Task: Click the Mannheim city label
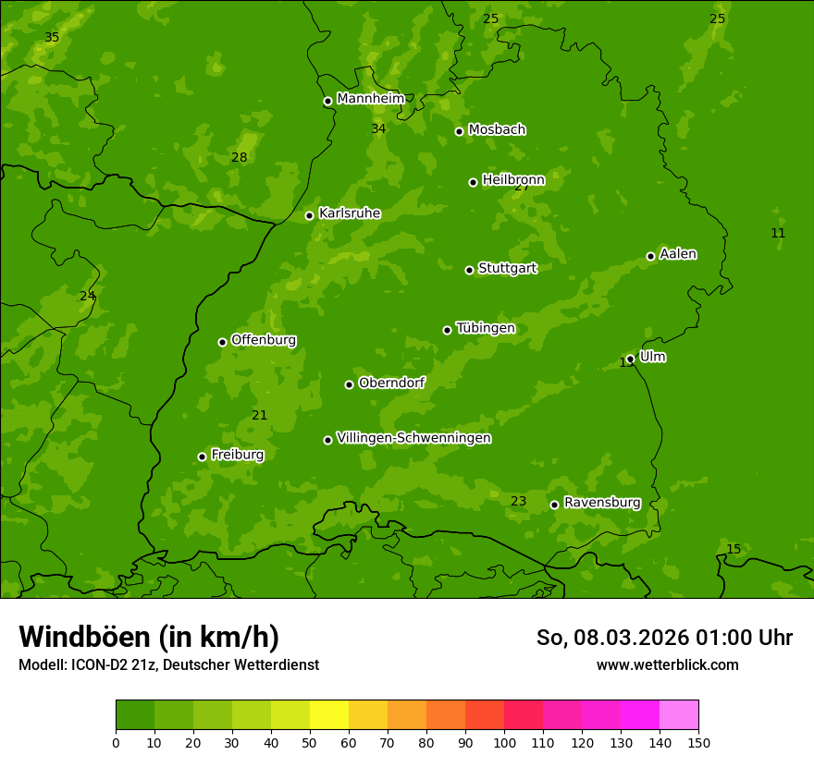[370, 99]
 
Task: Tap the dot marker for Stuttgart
[469, 270]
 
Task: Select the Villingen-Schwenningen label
[413, 438]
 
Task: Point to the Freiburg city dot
[202, 457]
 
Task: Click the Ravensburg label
[602, 503]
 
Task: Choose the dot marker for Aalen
[650, 256]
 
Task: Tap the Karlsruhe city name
[349, 213]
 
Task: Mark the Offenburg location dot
[222, 342]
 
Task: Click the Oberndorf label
[391, 383]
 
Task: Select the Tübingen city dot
[447, 330]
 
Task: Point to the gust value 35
[52, 38]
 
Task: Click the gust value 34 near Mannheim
[378, 129]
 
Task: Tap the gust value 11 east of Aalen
[778, 234]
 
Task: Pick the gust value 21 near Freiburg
[260, 416]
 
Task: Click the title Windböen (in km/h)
[149, 637]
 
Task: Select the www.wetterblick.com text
[667, 664]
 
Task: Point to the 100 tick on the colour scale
[504, 742]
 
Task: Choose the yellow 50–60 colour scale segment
[329, 715]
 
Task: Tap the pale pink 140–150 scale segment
[679, 715]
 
